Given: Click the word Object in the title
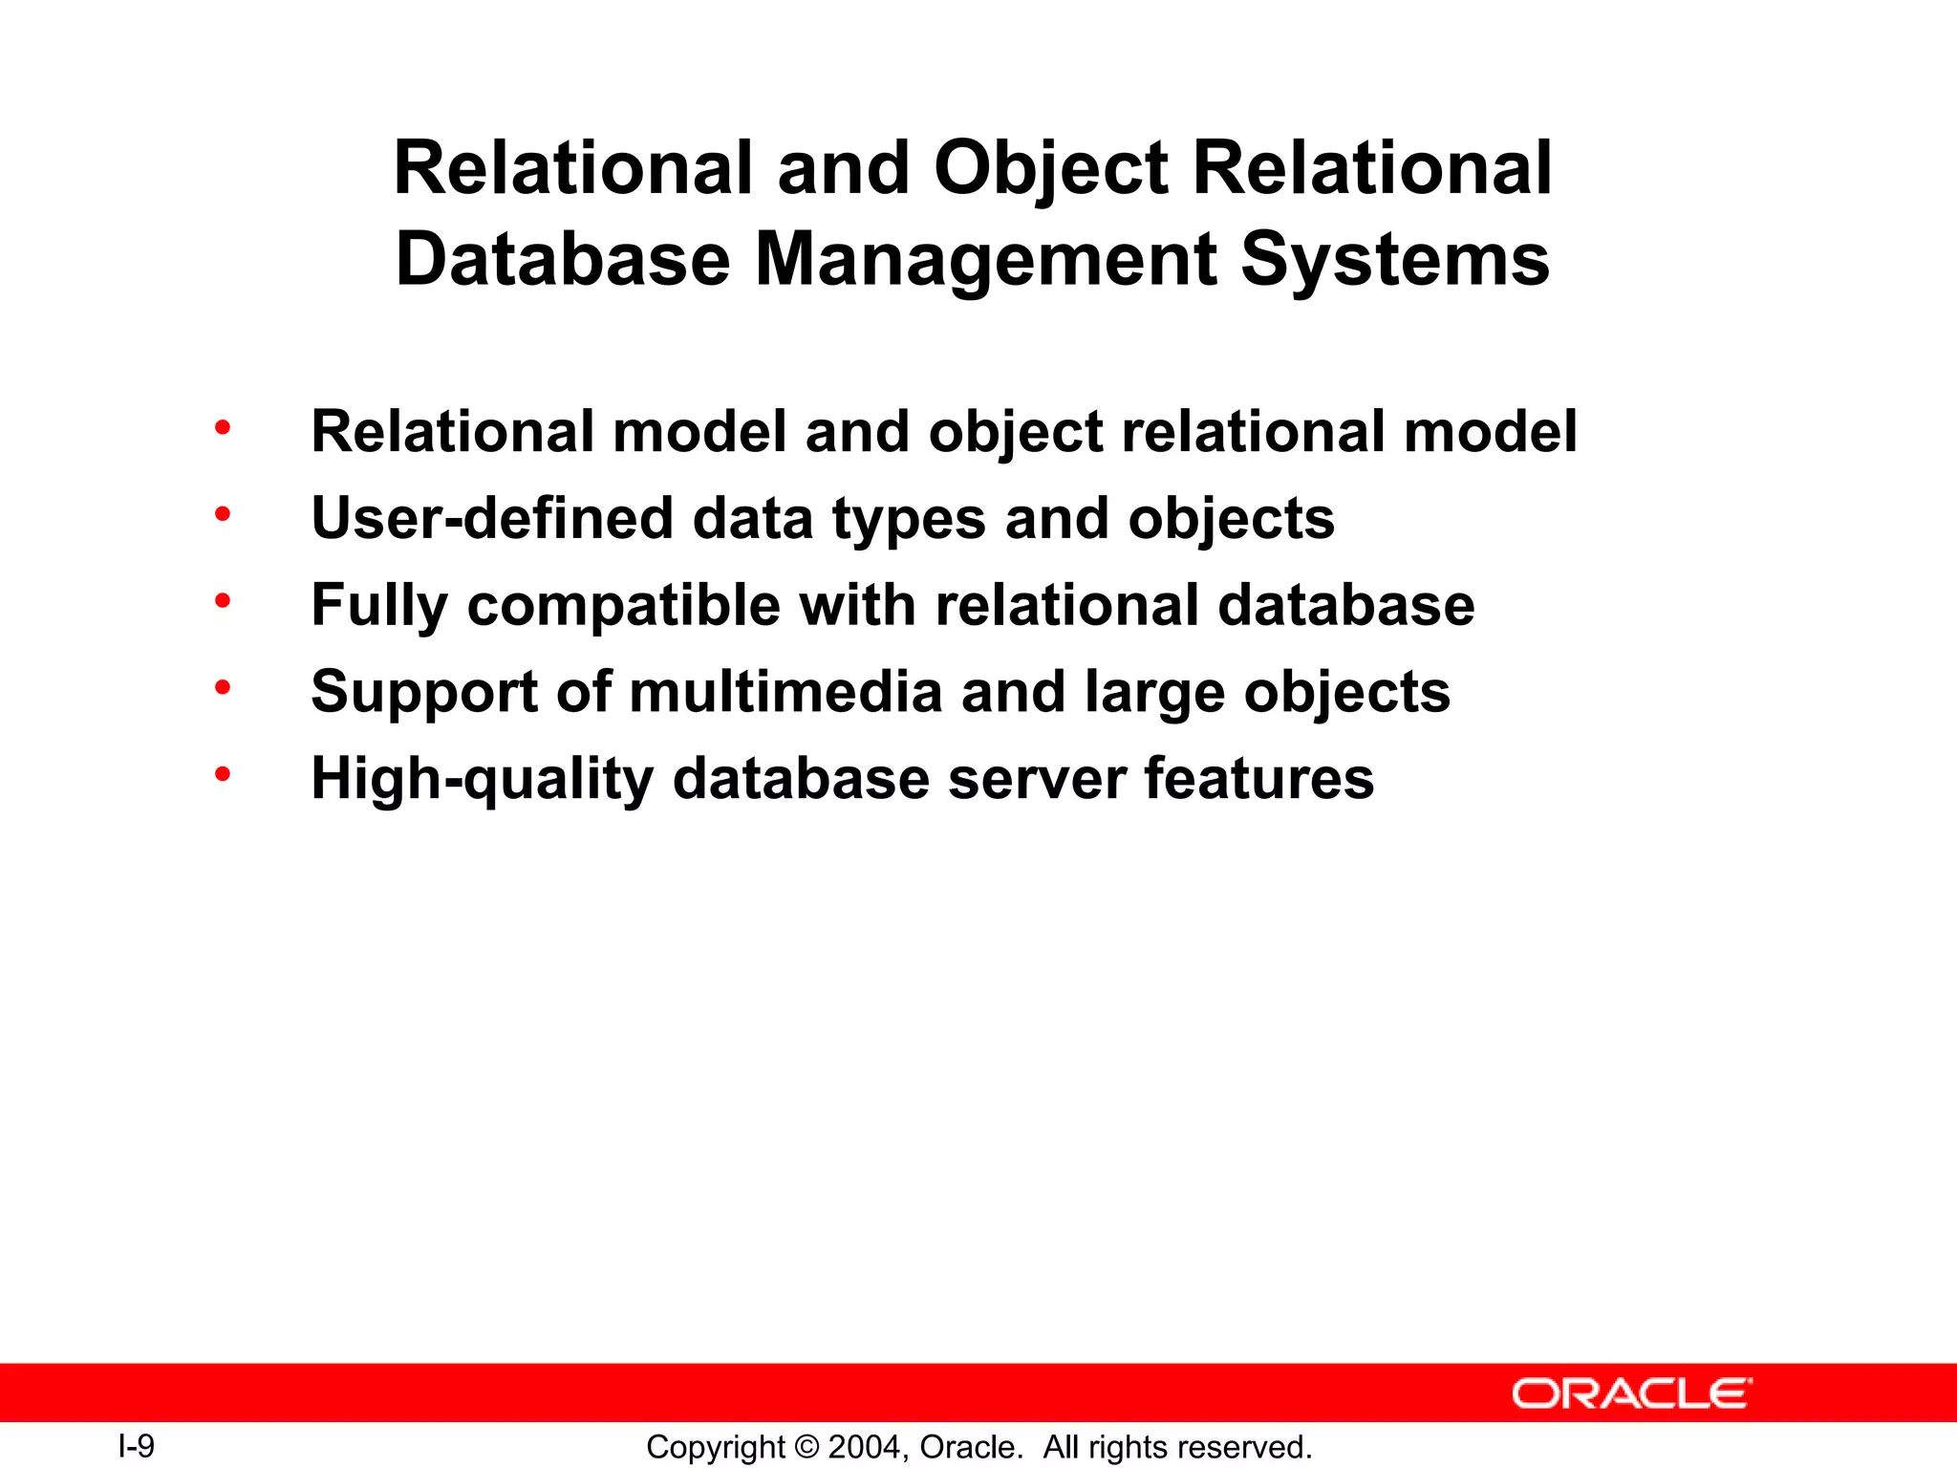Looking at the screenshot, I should pos(1050,169).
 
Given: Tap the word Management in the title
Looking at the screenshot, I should pos(986,260).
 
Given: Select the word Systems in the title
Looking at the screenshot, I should pos(1394,260).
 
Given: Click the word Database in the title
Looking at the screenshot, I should pos(563,260).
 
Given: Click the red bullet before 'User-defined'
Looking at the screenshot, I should pos(223,514).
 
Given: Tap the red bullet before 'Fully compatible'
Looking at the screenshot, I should pos(223,601).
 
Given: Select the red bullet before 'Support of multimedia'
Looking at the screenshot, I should pos(223,687).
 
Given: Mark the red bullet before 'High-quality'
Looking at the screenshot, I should pos(223,774).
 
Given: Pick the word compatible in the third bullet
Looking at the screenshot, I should pos(623,606).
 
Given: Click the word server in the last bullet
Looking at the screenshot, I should pos(1037,779).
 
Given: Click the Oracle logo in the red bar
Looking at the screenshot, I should pos(1632,1393).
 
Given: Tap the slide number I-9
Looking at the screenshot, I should pos(136,1446).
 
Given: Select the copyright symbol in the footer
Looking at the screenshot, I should pos(806,1447).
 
